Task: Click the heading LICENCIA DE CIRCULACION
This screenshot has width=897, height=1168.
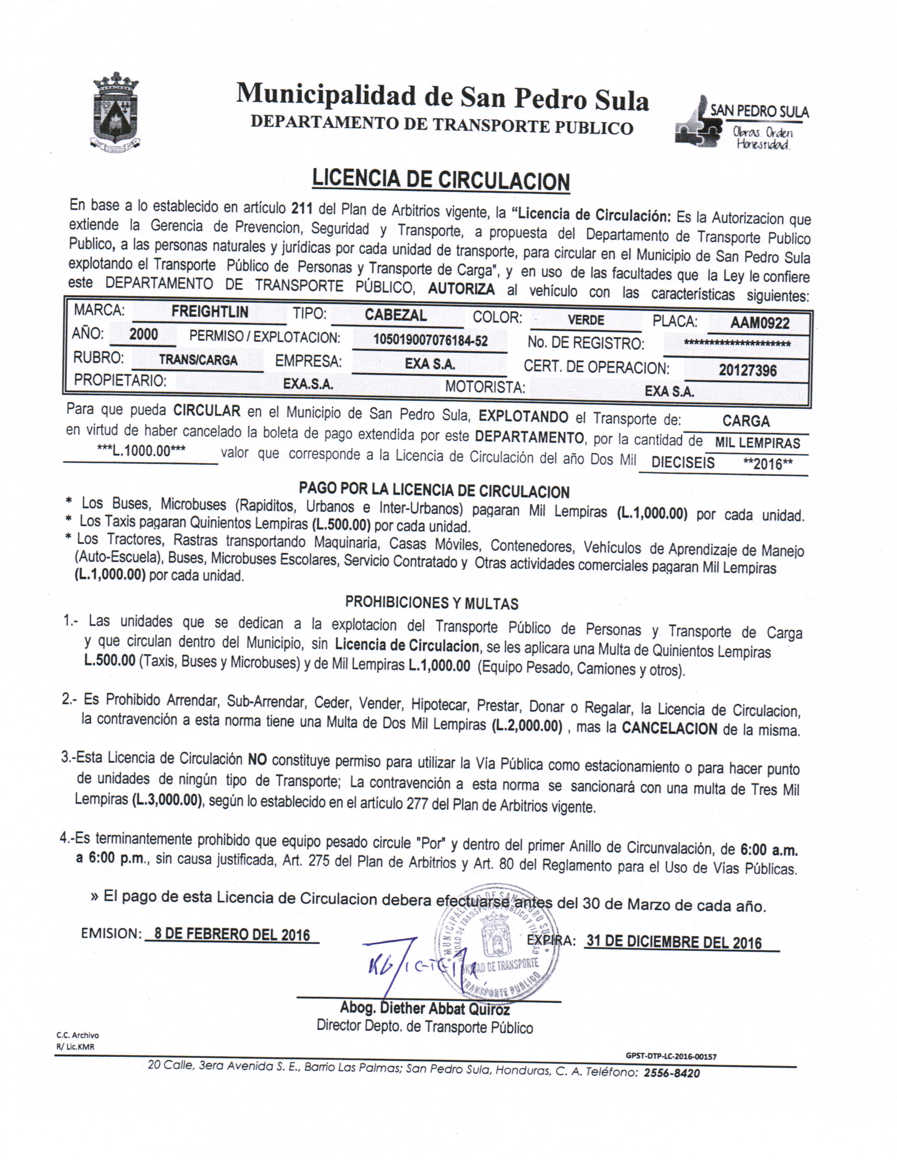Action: coord(441,180)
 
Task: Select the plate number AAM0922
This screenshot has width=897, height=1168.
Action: coord(760,323)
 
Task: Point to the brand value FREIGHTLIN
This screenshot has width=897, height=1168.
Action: coord(210,312)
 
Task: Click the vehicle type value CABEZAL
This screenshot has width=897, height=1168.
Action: coord(396,315)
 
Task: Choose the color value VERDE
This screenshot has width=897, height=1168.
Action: coord(586,320)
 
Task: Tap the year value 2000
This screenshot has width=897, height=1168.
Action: coord(144,335)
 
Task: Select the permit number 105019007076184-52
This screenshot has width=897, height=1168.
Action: coord(430,341)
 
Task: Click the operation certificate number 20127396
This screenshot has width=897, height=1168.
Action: coord(748,370)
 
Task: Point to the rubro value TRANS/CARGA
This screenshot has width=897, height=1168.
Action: coord(198,360)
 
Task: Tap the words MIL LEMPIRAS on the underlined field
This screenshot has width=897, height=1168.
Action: coord(757,443)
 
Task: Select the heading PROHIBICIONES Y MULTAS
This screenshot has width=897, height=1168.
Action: coord(432,603)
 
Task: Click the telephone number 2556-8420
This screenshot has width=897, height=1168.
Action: coord(672,1073)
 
